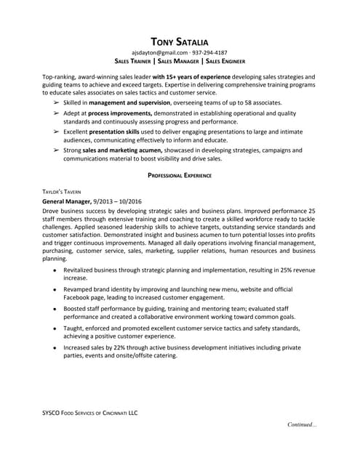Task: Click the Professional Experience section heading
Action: (180, 176)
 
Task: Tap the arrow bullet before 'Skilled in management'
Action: (57, 104)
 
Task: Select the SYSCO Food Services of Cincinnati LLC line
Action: (89, 413)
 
